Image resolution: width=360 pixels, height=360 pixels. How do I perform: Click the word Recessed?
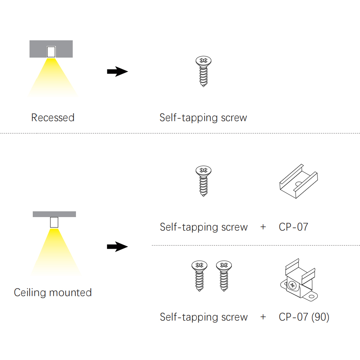pyautogui.click(x=53, y=118)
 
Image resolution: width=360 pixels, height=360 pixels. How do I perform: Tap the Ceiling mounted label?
pyautogui.click(x=53, y=292)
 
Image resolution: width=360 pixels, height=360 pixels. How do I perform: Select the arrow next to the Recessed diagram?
pyautogui.click(x=117, y=72)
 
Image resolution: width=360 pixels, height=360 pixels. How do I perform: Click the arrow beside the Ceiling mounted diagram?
pyautogui.click(x=117, y=247)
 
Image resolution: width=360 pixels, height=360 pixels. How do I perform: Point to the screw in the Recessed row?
pyautogui.click(x=203, y=72)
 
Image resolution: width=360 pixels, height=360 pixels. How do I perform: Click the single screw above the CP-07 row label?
pyautogui.click(x=203, y=181)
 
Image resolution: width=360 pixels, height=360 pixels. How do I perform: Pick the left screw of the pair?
pyautogui.click(x=199, y=276)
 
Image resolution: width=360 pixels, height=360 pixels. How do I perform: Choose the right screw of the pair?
pyautogui.click(x=224, y=276)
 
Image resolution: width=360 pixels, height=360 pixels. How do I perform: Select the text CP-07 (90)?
pyautogui.click(x=304, y=317)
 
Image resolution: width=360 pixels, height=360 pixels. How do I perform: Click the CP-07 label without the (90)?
pyautogui.click(x=293, y=227)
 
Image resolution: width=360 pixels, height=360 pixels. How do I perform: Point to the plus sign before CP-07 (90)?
pyautogui.click(x=263, y=317)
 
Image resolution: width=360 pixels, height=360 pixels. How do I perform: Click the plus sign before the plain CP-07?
pyautogui.click(x=263, y=227)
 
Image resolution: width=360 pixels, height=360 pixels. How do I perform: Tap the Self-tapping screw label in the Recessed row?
pyautogui.click(x=203, y=118)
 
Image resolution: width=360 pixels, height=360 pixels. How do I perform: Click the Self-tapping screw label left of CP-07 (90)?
pyautogui.click(x=204, y=317)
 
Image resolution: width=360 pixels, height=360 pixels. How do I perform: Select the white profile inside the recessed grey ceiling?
pyautogui.click(x=51, y=52)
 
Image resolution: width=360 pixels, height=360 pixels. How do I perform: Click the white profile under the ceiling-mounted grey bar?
pyautogui.click(x=54, y=222)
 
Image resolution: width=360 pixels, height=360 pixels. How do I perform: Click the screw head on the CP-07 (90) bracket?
pyautogui.click(x=292, y=286)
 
